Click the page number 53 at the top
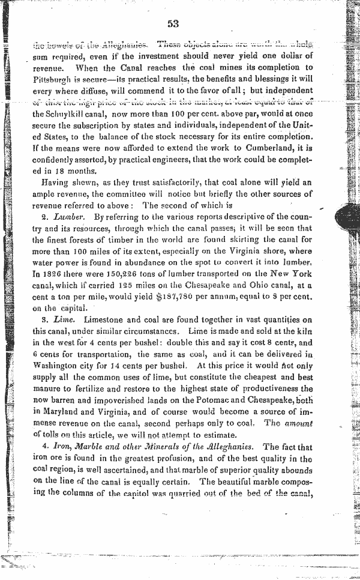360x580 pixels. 173,24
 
